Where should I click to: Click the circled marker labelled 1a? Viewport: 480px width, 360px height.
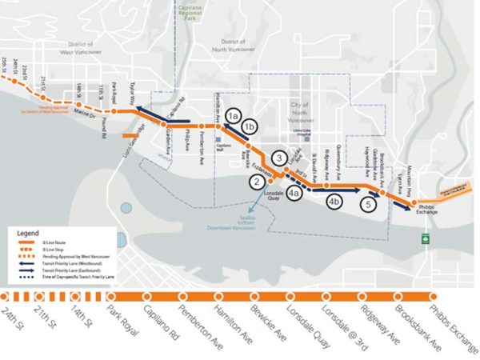(x=233, y=115)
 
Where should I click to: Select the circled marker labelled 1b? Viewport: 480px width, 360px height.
(x=250, y=126)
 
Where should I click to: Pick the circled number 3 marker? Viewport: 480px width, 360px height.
(x=279, y=158)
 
